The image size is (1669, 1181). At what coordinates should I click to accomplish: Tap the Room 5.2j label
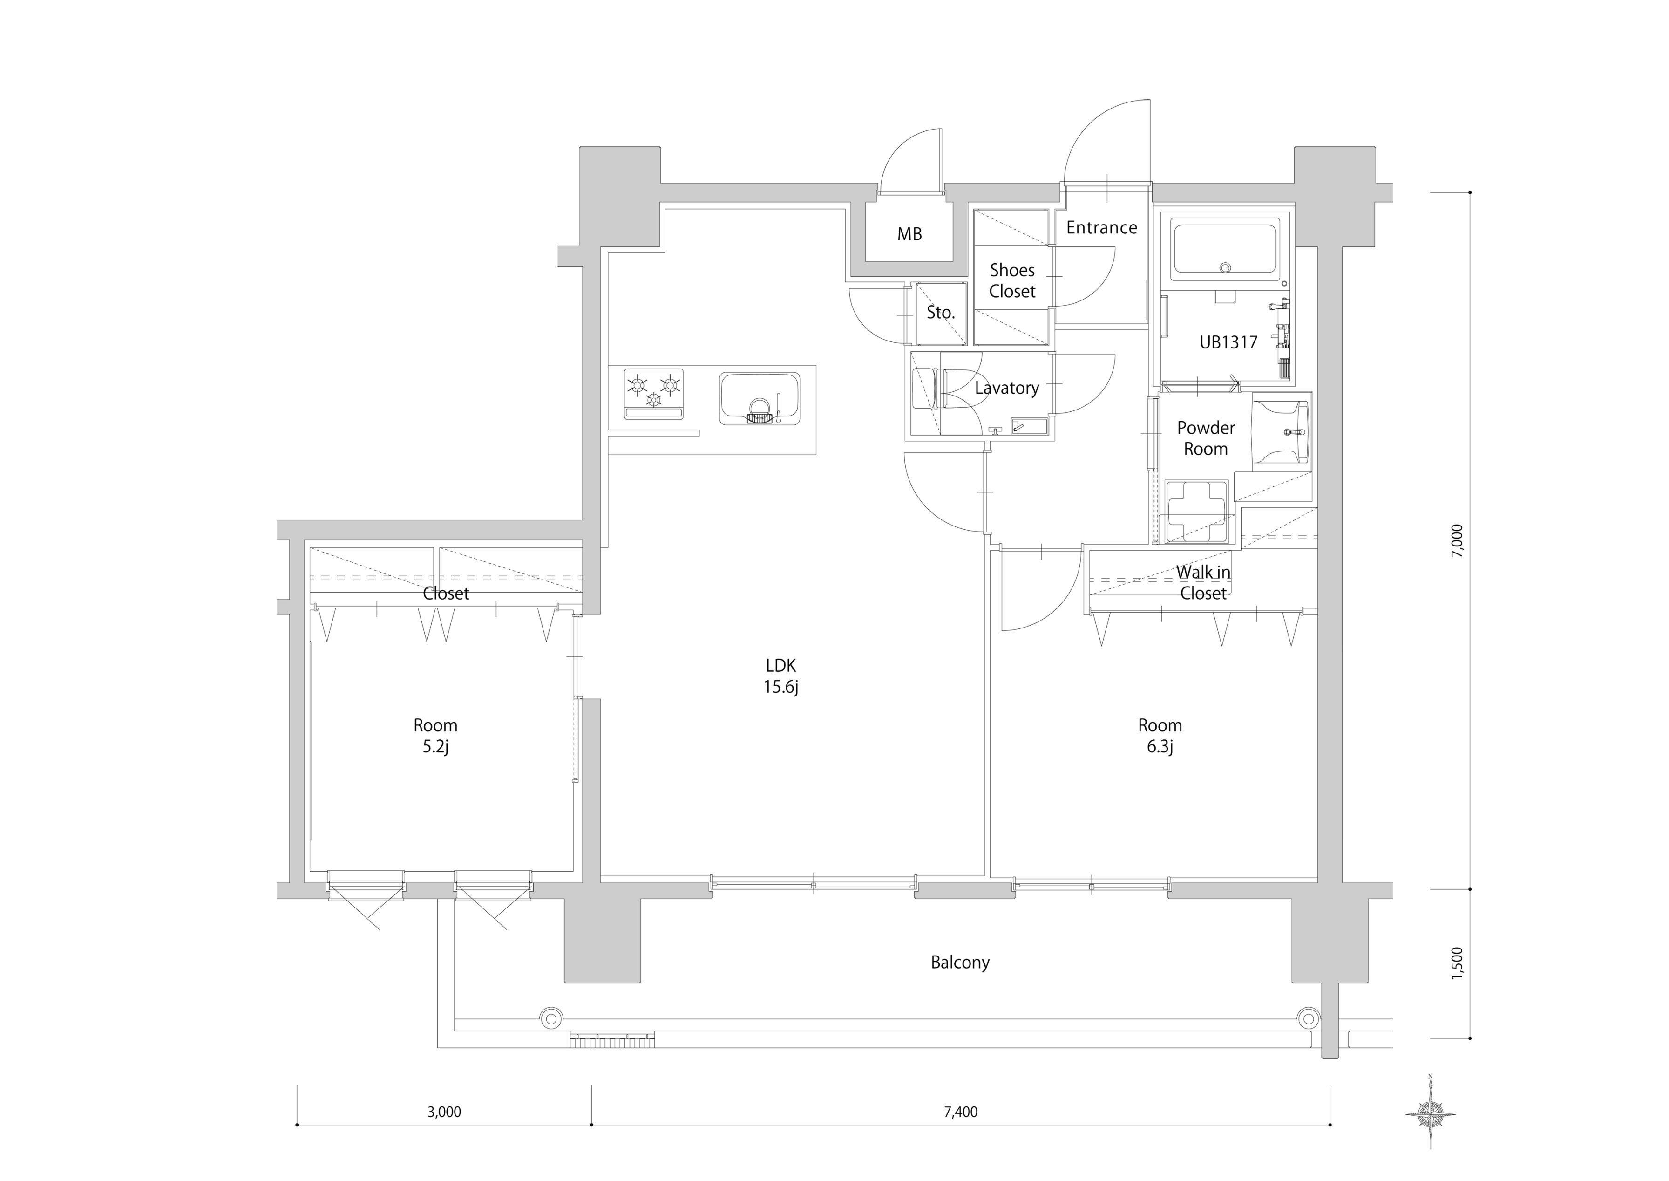coord(435,735)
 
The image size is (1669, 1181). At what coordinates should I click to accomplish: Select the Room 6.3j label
coord(1160,735)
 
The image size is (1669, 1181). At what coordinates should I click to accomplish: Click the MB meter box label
coord(909,234)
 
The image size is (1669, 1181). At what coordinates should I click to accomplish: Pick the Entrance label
coord(1101,228)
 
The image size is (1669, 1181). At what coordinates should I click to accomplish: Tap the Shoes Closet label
coord(1012,281)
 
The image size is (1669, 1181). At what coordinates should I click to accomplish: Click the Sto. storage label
coord(941,313)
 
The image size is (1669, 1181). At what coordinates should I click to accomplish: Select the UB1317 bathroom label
coord(1228,342)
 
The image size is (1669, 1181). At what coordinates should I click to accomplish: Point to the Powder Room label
coord(1206,438)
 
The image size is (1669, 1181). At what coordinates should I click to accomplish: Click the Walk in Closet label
coord(1204,582)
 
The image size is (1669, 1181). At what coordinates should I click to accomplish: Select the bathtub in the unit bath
coord(1225,251)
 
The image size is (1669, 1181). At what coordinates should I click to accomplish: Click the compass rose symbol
coord(1431,1113)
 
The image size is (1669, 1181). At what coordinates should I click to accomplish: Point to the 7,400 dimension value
coord(960,1112)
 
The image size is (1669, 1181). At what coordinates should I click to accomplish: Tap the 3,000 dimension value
coord(444,1112)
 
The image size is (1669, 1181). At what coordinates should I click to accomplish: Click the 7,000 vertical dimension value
coord(1458,541)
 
